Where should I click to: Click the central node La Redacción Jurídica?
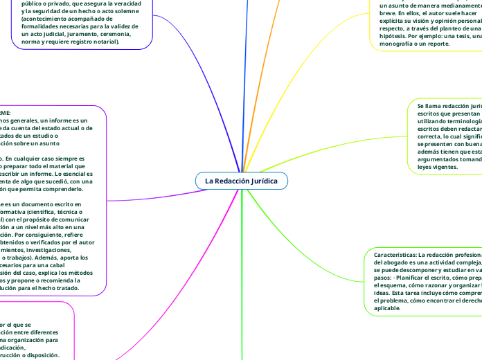click(241, 181)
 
